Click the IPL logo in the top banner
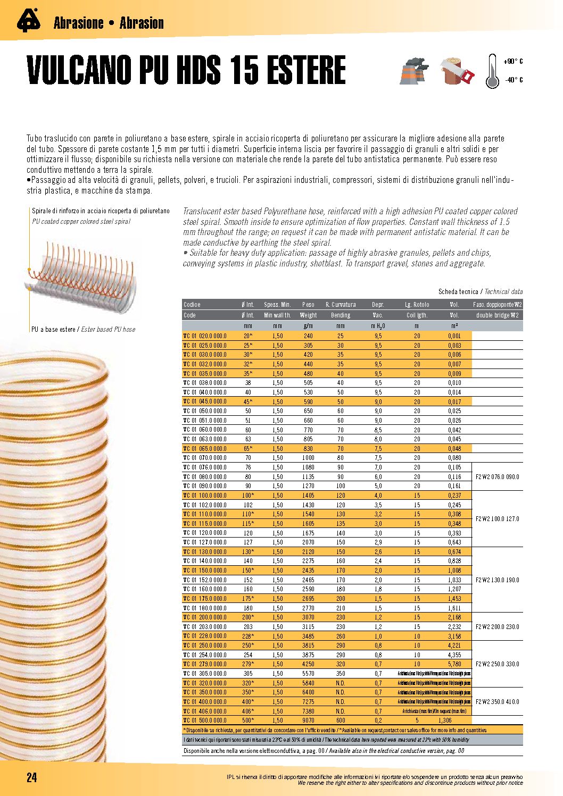pyautogui.click(x=28, y=21)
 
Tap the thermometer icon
pyautogui.click(x=492, y=71)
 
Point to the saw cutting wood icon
pyautogui.click(x=457, y=71)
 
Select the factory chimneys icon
pyautogui.click(x=414, y=71)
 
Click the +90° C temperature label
pyautogui.click(x=513, y=62)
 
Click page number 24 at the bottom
pyautogui.click(x=32, y=777)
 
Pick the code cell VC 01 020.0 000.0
pyautogui.click(x=205, y=336)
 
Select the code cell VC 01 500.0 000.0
pyautogui.click(x=205, y=720)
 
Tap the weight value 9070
pyautogui.click(x=308, y=720)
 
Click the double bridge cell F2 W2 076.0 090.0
pyautogui.click(x=497, y=477)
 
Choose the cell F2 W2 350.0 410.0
pyautogui.click(x=497, y=702)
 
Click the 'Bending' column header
pyautogui.click(x=341, y=315)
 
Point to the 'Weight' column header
pyautogui.click(x=308, y=315)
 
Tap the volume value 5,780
pyautogui.click(x=454, y=664)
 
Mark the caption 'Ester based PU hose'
pyautogui.click(x=108, y=330)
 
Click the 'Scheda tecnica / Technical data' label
pyautogui.click(x=480, y=292)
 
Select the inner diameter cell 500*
pyautogui.click(x=248, y=720)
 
